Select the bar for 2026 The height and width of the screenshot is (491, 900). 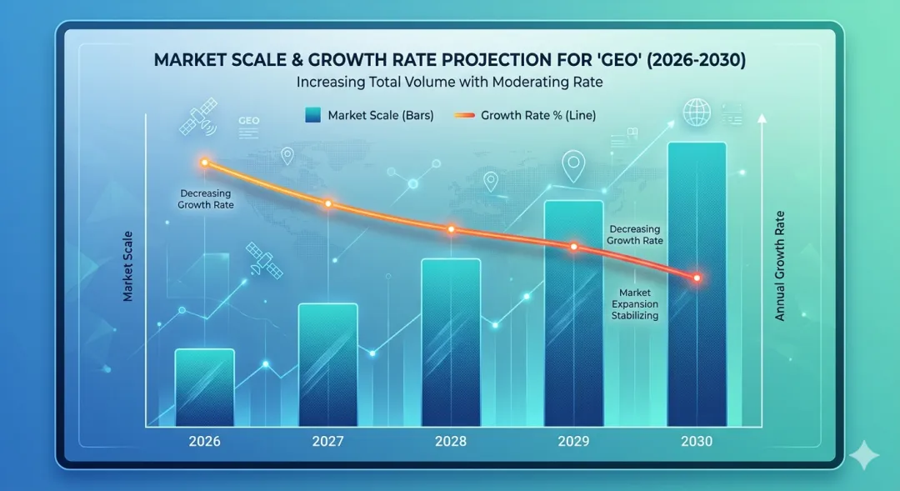[x=204, y=388]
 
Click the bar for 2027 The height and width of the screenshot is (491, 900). [x=327, y=365]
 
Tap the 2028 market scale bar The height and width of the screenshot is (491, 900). [x=451, y=343]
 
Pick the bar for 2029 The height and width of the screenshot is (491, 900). [x=573, y=313]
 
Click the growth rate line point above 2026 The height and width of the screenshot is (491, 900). [x=205, y=163]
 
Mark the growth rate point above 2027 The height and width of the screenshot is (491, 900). [x=327, y=203]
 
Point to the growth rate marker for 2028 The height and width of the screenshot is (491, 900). [x=451, y=228]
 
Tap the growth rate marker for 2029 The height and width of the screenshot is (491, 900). [x=573, y=247]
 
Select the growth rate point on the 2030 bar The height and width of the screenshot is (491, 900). [x=697, y=278]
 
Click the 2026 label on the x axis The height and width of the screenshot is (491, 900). [x=204, y=441]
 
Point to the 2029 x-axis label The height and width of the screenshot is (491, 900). [x=573, y=441]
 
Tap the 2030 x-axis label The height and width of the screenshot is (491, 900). [x=697, y=441]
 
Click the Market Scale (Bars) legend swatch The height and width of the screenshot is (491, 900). [x=312, y=116]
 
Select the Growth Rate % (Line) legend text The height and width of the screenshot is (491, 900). [x=538, y=116]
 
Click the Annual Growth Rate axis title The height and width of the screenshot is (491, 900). [x=780, y=266]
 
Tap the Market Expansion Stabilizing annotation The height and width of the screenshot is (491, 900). [x=637, y=304]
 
